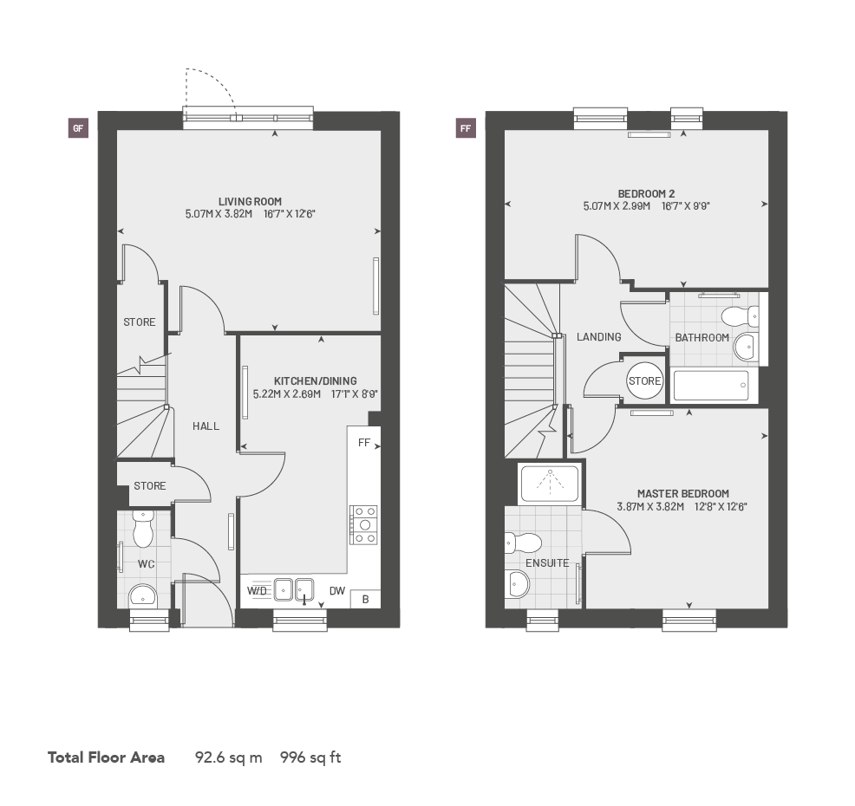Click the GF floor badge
click(78, 129)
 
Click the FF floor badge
click(466, 129)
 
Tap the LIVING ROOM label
click(250, 202)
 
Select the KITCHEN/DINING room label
click(315, 380)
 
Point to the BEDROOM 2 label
click(646, 193)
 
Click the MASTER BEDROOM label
click(683, 494)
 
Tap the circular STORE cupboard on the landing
click(644, 381)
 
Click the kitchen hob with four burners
click(362, 524)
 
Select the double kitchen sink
click(293, 589)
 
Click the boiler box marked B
click(365, 599)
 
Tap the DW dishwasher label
click(337, 592)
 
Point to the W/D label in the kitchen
click(258, 591)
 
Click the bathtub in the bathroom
click(710, 386)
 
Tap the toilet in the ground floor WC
click(143, 524)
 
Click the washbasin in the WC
click(141, 595)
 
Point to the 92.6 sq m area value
click(228, 757)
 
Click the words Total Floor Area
click(106, 757)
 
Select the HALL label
click(206, 426)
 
